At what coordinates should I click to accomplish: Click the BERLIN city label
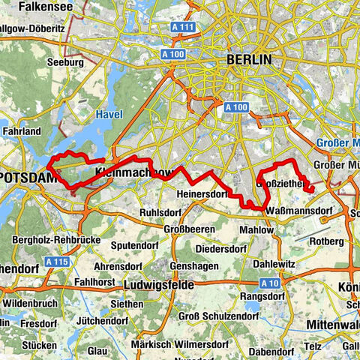click(x=250, y=60)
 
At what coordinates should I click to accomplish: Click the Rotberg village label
click(x=330, y=241)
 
